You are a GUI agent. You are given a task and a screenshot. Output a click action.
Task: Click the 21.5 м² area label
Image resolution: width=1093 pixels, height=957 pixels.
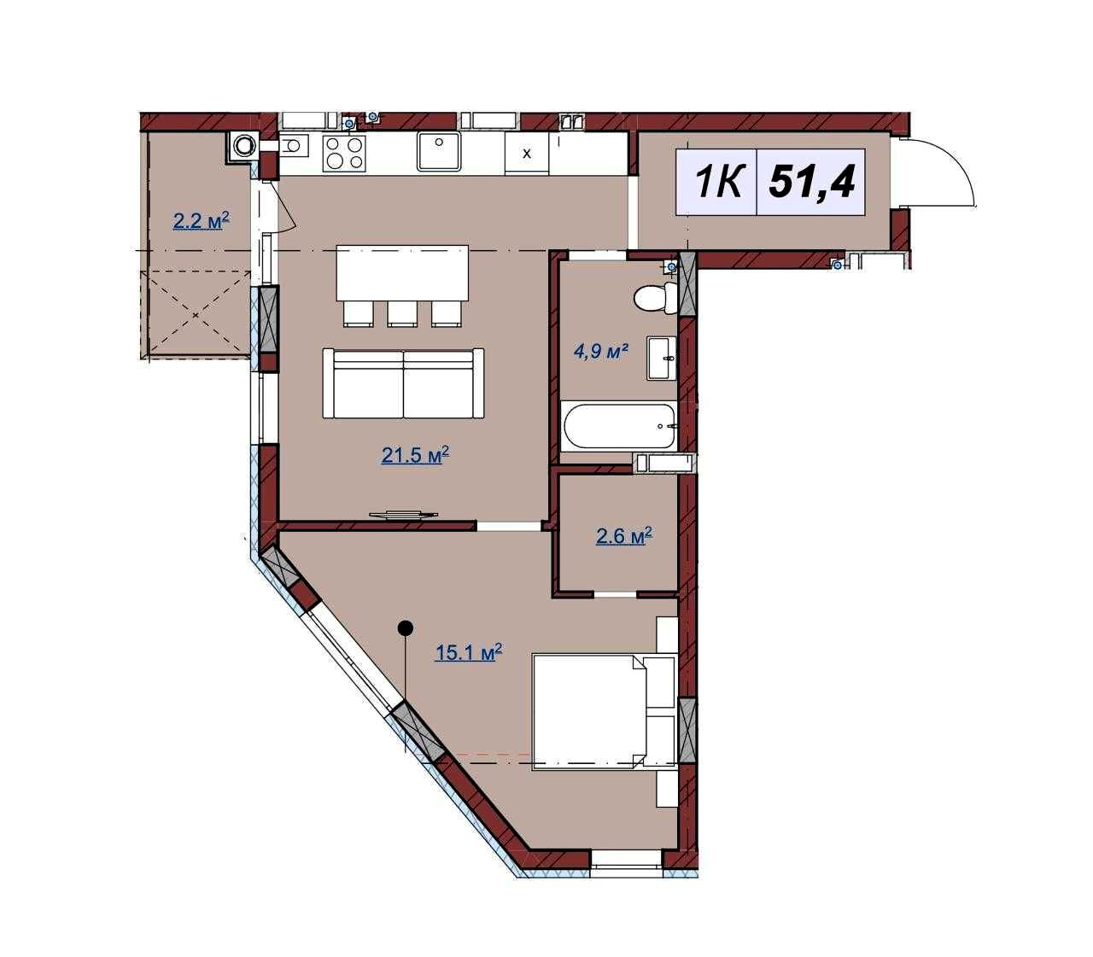coord(414,456)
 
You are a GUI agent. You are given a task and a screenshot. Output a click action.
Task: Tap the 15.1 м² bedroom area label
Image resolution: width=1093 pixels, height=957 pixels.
coord(469,651)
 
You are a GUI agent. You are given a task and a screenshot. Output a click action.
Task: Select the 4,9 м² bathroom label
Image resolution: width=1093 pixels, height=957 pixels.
coord(600,352)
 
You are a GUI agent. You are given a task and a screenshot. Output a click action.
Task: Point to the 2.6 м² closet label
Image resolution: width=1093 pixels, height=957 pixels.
coord(623,535)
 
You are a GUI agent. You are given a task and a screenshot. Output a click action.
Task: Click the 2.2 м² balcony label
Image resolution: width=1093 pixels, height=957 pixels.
coord(201,220)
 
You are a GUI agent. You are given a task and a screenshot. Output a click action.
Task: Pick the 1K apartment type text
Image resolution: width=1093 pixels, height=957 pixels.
coord(717,182)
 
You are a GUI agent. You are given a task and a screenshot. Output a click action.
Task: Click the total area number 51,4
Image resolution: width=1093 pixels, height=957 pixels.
coord(812,182)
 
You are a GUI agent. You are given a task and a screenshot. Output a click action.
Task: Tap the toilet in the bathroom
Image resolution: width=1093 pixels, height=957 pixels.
coord(656,298)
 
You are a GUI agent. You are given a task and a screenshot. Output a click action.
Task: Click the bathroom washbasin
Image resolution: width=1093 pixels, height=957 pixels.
coord(663,358)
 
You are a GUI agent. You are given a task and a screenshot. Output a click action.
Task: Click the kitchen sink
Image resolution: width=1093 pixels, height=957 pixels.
coord(439,152)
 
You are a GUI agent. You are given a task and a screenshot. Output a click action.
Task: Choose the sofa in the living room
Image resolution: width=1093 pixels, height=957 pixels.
coord(403,383)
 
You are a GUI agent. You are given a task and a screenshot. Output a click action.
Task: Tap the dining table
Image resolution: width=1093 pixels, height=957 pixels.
coord(402,272)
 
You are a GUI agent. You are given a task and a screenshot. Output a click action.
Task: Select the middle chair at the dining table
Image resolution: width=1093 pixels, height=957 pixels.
coord(402,313)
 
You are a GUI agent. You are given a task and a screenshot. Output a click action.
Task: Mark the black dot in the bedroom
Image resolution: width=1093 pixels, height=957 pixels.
coord(406,628)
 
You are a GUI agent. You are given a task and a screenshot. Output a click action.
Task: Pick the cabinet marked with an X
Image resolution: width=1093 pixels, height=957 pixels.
coord(527,154)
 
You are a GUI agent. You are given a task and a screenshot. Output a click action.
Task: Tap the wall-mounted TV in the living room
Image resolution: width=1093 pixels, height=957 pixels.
coord(403,514)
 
